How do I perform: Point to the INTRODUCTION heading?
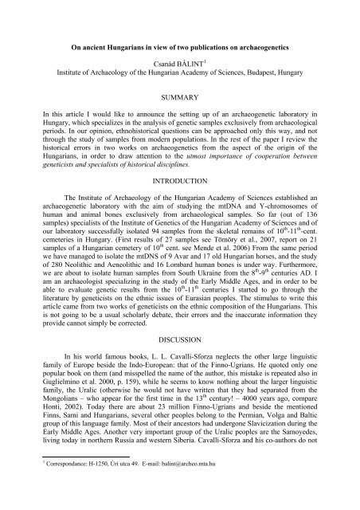click(x=179, y=178)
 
